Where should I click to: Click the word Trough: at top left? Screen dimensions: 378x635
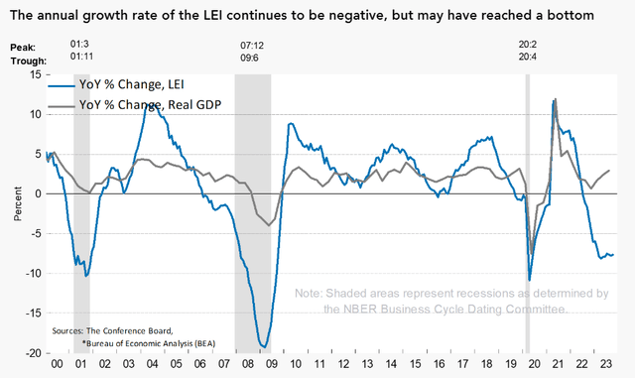click(x=27, y=59)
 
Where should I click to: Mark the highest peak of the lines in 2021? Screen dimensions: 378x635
click(x=554, y=99)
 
